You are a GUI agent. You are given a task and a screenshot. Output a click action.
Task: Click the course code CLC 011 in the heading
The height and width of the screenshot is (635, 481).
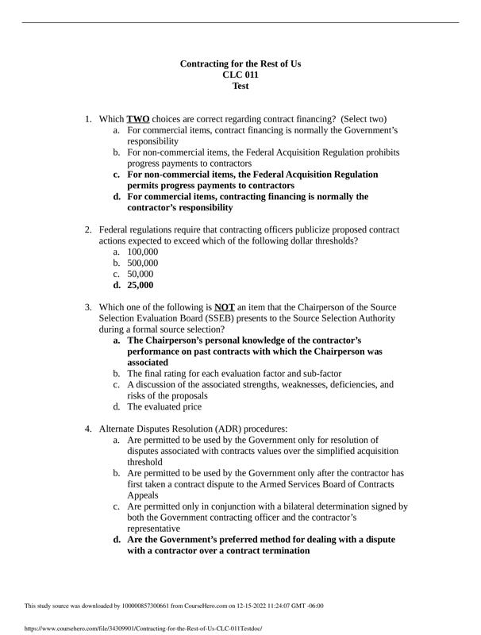pyautogui.click(x=240, y=75)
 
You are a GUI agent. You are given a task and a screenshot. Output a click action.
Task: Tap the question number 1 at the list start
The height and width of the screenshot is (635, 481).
pyautogui.click(x=89, y=119)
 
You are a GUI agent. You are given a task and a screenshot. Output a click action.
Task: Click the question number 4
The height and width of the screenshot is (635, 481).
pyautogui.click(x=89, y=429)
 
